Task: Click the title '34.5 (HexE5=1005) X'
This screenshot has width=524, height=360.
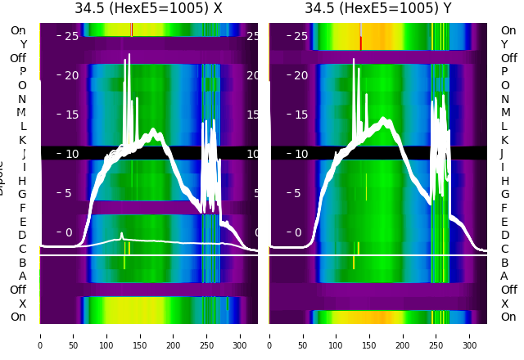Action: pyautogui.click(x=148, y=9)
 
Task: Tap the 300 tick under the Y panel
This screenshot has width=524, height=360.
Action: pyautogui.click(x=470, y=335)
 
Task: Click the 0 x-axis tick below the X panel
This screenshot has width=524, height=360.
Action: pyautogui.click(x=39, y=335)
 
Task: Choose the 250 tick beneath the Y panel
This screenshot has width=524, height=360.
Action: pyautogui.click(x=436, y=335)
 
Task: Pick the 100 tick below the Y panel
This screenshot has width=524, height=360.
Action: pyautogui.click(x=337, y=335)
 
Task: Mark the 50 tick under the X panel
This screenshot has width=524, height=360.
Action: pyautogui.click(x=73, y=335)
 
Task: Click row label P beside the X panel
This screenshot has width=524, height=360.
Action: pyautogui.click(x=22, y=72)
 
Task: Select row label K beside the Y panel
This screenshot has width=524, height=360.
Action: pyautogui.click(x=504, y=140)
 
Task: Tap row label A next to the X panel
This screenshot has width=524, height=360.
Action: pyautogui.click(x=22, y=277)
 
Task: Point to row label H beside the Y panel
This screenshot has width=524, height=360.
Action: pyautogui.click(x=504, y=181)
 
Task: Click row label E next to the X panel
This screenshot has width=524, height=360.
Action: pyautogui.click(x=22, y=222)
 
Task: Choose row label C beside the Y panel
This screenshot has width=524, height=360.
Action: pyautogui.click(x=504, y=249)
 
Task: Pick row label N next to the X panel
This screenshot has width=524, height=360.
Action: pyautogui.click(x=22, y=99)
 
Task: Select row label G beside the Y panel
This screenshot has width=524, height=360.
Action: pyautogui.click(x=504, y=195)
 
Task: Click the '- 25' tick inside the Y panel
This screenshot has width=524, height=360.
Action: pyautogui.click(x=296, y=36)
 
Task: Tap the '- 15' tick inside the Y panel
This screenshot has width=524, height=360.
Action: pyautogui.click(x=296, y=115)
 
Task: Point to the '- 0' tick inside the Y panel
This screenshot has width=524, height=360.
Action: pyautogui.click(x=298, y=232)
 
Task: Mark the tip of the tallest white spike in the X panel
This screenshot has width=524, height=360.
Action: pyautogui.click(x=129, y=56)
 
